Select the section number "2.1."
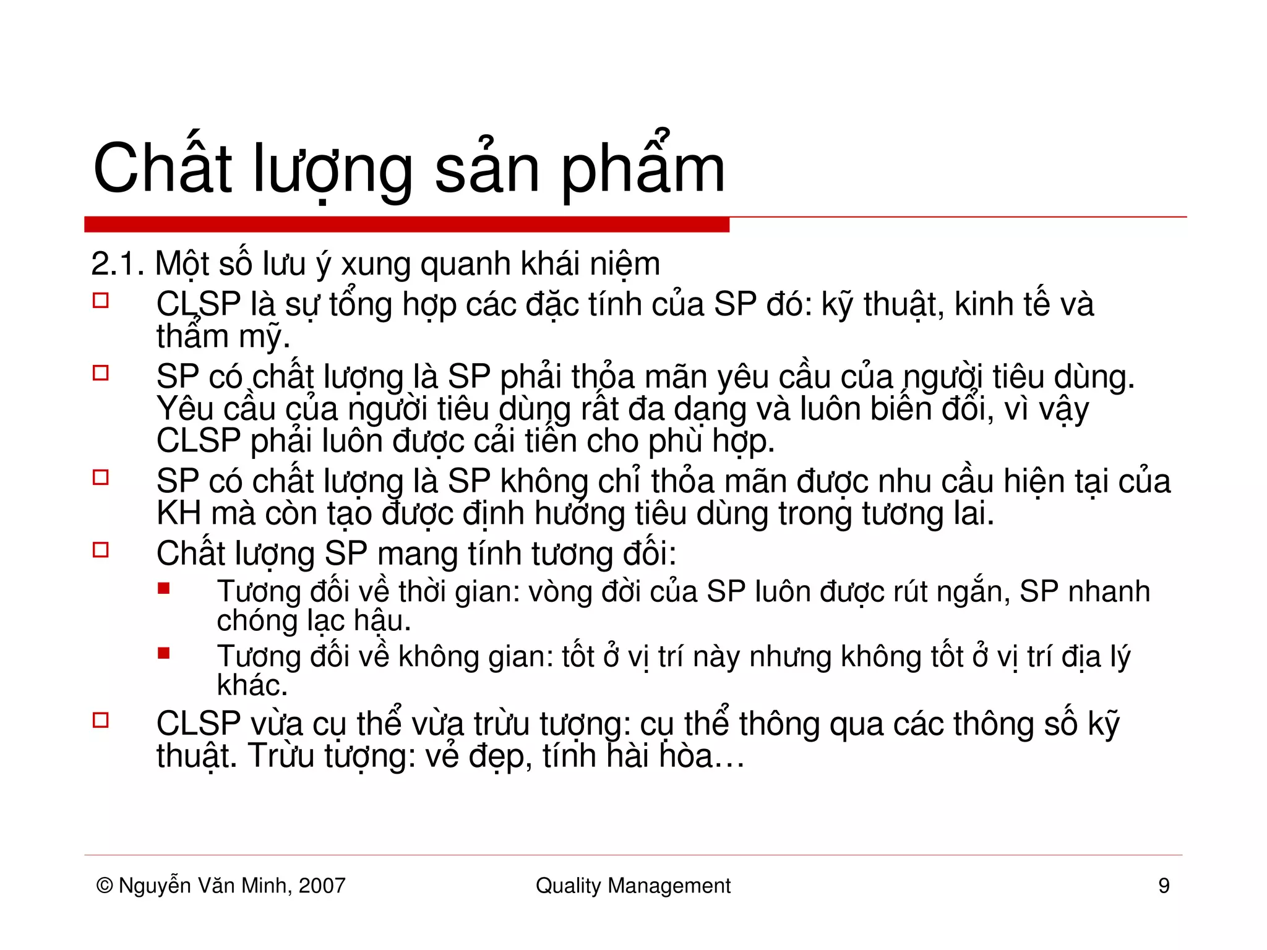118,264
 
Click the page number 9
1164,886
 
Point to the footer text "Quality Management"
633,886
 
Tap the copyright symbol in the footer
105,886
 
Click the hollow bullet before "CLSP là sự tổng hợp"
101,301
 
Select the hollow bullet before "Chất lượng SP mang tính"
101,550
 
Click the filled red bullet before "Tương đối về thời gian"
164,588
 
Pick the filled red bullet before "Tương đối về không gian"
164,653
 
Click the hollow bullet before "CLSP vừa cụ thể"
101,720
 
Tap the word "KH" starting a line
179,513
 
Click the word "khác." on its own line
252,685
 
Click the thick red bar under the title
406,225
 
